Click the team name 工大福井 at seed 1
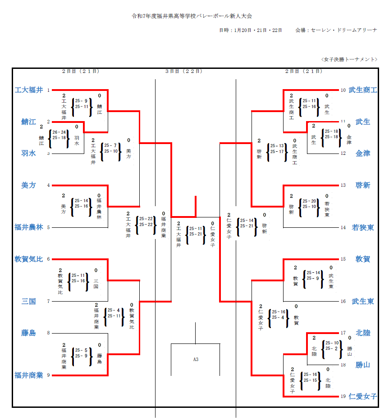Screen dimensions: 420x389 point(29,90)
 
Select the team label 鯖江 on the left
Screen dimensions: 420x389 point(28,122)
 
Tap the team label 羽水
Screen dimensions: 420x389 point(28,153)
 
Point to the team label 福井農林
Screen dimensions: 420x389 point(29,227)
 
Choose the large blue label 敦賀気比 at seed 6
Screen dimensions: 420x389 point(29,259)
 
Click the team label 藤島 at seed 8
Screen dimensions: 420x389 point(28,333)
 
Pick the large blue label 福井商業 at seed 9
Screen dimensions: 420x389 point(29,375)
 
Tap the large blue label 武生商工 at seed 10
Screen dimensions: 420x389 point(362,90)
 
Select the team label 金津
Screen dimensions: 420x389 point(362,153)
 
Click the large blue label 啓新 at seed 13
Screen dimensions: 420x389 point(362,185)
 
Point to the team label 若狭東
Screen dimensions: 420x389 point(362,227)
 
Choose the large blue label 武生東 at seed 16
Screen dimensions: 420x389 point(362,301)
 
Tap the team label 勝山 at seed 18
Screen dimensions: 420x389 point(362,365)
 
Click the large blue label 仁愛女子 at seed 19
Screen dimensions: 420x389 point(362,396)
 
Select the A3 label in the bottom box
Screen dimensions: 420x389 point(196,359)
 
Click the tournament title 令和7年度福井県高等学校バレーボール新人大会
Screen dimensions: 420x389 point(192,16)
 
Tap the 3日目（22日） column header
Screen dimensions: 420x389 point(183,71)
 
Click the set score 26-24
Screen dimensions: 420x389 point(59,132)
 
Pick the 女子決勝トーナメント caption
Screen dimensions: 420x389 point(349,59)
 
